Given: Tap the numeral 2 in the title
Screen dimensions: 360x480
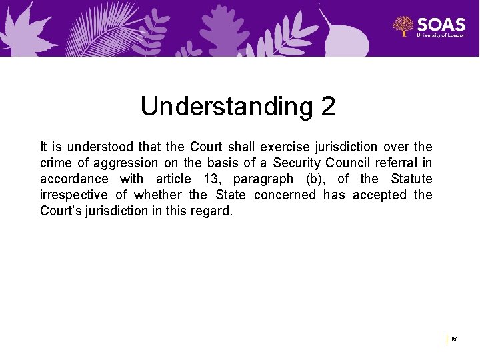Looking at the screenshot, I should pos(328,107).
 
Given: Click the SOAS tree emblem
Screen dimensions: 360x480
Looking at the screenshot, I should pos(403,27).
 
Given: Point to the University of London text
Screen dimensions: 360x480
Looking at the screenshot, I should pos(441,35).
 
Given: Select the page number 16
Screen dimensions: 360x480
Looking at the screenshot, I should pos(453,339).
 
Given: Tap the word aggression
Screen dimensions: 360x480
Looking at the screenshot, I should pos(127,163).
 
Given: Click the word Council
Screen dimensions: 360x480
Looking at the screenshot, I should pos(358,163).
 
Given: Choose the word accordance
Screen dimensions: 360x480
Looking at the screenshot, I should pos(73,179).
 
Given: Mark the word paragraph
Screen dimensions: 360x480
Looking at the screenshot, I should pos(263,179).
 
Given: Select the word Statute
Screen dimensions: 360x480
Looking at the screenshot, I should pos(411,179).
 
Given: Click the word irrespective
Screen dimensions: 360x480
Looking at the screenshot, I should pos(73,195).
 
